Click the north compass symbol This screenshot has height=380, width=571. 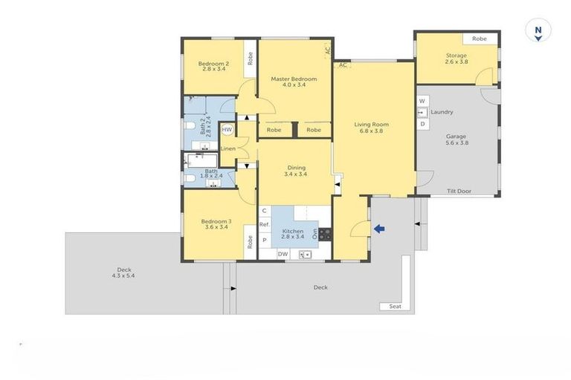pos(537,33)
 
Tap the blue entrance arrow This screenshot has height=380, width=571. pos(379,229)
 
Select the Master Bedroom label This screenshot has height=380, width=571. pos(294,82)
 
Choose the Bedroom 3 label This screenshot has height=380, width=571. pos(216,223)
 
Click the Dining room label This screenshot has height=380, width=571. pos(296,171)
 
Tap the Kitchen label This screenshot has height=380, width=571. pos(293,235)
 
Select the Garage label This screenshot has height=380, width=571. pos(457,140)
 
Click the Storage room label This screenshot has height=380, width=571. pos(457,59)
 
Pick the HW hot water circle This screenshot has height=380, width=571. pos(228,131)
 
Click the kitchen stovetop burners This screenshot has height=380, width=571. pos(325,235)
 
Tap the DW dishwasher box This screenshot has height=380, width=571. pos(283,255)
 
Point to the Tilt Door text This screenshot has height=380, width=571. pos(459,191)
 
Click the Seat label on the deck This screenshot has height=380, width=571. pos(394,306)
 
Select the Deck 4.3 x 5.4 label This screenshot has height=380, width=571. pos(124,272)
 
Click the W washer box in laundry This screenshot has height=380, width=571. pos(422,100)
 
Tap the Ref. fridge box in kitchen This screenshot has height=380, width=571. pos(264,225)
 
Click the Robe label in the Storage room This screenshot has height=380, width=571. pos(480,39)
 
